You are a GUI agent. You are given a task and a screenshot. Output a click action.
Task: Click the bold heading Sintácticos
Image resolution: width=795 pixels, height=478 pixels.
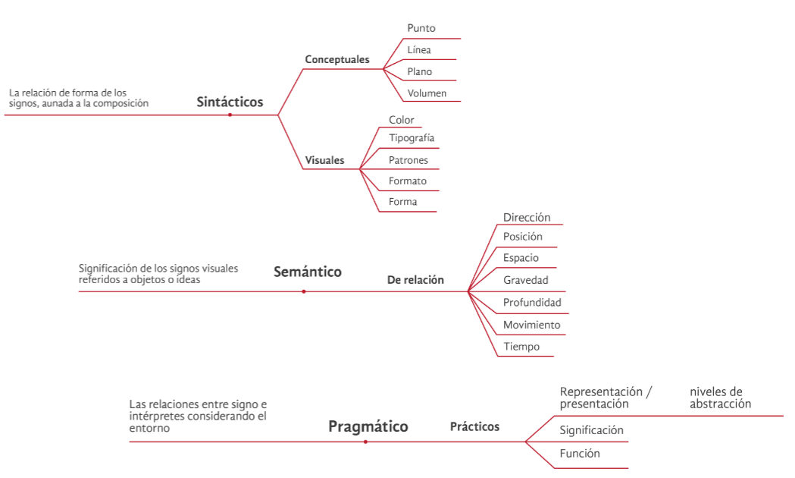pos(230,102)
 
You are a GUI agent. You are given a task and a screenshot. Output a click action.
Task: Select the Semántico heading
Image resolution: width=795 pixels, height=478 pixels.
pos(307,272)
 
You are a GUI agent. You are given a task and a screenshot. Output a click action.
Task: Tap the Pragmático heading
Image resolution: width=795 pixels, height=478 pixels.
pos(368,426)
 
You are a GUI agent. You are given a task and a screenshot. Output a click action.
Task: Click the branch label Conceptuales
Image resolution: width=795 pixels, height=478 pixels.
pos(336,59)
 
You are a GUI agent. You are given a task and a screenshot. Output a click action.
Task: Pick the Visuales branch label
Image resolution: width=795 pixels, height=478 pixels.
pos(324,160)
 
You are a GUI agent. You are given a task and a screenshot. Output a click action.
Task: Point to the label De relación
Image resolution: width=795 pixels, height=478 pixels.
pos(415,280)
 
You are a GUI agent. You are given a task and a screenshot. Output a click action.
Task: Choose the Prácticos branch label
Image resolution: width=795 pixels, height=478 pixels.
pos(474,426)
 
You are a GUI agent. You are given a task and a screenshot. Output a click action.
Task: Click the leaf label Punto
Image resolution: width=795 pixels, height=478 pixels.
pos(421,28)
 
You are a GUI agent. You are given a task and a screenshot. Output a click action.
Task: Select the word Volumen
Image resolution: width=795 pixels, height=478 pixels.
pos(427,94)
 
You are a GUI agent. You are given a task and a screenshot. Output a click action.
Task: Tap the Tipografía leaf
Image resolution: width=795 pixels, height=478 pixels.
pos(411,138)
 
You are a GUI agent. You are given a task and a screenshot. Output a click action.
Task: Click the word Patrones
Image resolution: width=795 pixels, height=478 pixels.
pos(408,160)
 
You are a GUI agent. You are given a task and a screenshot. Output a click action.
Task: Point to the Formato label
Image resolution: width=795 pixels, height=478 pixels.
pos(407,181)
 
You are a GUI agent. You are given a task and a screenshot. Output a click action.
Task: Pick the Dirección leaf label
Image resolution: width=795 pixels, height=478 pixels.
pos(527,218)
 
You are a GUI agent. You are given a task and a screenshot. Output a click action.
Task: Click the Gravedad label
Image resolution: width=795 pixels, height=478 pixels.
pos(525,280)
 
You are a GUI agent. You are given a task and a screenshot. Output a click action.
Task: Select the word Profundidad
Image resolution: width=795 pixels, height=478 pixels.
pos(532,303)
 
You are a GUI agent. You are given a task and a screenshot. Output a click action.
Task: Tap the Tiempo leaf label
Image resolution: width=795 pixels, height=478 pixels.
pos(521,347)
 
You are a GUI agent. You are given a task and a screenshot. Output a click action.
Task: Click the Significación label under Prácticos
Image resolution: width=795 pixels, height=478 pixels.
pos(591,430)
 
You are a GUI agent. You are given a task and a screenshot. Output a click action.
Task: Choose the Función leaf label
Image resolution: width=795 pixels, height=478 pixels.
pos(580,454)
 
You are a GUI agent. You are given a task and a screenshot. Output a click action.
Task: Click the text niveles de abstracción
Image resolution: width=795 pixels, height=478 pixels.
pos(720,398)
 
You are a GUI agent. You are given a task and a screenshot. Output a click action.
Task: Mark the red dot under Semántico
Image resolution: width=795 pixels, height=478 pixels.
pos(303,291)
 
